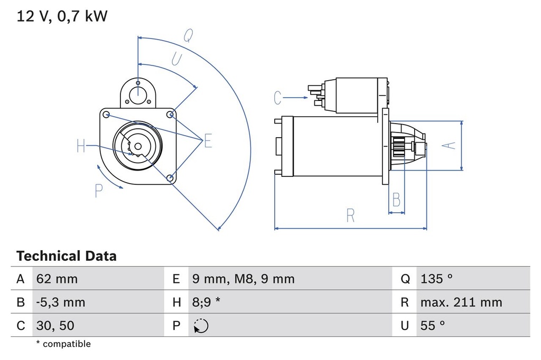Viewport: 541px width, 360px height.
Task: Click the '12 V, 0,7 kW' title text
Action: [62, 16]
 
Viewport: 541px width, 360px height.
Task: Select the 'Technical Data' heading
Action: [66, 257]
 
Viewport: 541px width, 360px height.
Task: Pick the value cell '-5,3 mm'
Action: [60, 302]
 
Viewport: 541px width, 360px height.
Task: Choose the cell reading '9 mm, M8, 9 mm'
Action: [244, 279]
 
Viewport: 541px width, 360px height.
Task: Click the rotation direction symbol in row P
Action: [201, 326]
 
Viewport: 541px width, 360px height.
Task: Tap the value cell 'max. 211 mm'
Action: [461, 302]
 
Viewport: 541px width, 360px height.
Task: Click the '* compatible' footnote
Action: [63, 344]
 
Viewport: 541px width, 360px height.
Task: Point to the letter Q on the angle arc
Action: [188, 35]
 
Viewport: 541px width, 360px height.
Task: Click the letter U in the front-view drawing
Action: [177, 59]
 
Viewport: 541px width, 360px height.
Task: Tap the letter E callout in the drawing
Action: [208, 141]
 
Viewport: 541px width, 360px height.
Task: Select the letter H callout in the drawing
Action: [81, 146]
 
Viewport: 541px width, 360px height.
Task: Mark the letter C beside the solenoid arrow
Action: [278, 98]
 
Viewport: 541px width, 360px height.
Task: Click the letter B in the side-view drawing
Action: [396, 200]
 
